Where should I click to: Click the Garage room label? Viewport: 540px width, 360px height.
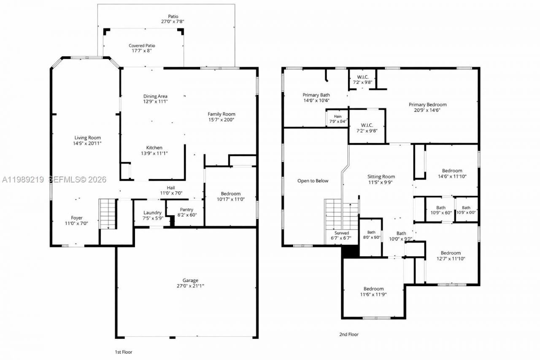click(x=190, y=280)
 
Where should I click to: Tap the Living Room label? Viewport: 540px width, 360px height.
click(x=88, y=138)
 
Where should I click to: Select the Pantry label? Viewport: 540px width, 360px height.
click(x=186, y=209)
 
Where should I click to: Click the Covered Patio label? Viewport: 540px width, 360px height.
click(x=142, y=46)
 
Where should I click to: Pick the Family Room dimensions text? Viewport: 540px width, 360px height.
click(x=221, y=120)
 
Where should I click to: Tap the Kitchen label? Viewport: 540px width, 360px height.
click(x=154, y=148)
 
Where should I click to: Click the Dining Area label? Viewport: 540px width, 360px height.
click(x=155, y=96)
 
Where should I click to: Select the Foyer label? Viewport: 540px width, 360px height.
click(x=76, y=218)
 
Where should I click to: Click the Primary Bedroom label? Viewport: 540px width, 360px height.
click(x=427, y=105)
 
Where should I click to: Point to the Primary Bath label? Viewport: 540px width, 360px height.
click(x=316, y=95)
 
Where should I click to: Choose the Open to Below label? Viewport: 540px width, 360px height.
click(x=313, y=181)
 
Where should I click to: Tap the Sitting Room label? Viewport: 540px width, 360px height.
click(x=381, y=177)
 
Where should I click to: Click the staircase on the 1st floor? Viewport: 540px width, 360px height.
click(x=108, y=214)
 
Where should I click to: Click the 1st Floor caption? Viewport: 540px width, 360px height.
click(x=124, y=352)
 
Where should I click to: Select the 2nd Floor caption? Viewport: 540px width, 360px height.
click(x=349, y=334)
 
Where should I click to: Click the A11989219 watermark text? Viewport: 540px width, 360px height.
click(x=23, y=180)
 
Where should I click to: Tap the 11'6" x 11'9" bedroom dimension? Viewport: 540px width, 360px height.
click(x=373, y=295)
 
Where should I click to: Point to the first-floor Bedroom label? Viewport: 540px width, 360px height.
click(x=230, y=194)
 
